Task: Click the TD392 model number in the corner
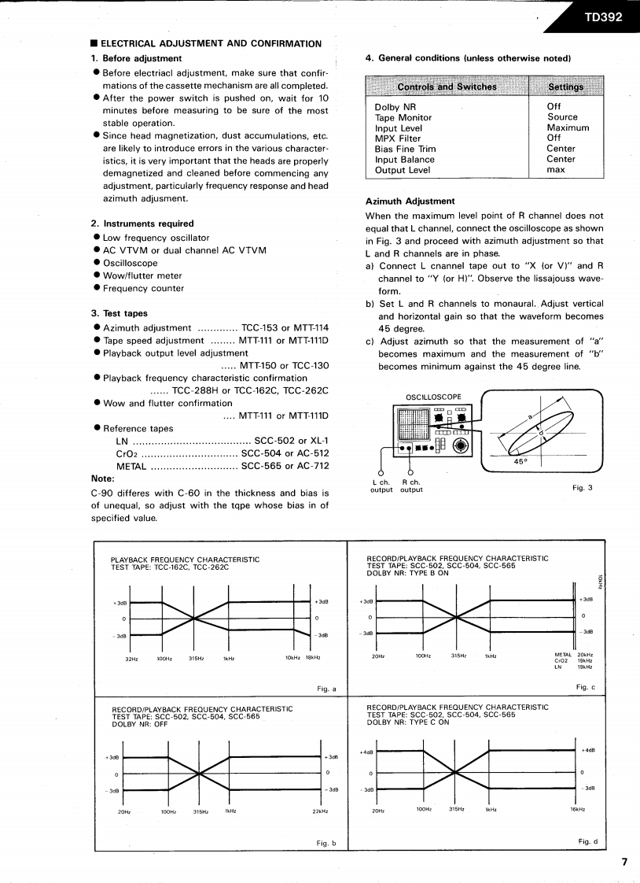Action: click(602, 17)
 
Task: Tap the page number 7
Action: click(624, 861)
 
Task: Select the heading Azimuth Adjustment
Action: click(410, 201)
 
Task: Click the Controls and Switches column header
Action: click(447, 87)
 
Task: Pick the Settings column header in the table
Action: click(565, 87)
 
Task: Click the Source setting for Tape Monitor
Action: click(562, 117)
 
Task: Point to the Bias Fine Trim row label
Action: click(405, 149)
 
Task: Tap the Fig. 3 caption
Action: click(583, 487)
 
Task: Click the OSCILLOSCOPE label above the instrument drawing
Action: click(433, 397)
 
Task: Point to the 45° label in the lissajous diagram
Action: click(520, 462)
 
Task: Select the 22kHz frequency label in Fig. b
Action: click(319, 811)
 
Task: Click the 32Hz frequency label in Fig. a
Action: click(131, 658)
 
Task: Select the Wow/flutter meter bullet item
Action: click(142, 275)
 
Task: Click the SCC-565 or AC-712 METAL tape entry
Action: click(285, 466)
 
